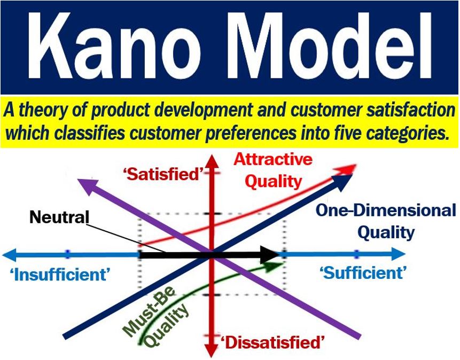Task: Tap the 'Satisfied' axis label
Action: click(x=163, y=174)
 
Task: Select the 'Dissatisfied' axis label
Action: click(x=273, y=342)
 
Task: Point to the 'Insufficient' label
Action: click(x=60, y=275)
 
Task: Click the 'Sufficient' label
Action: click(x=363, y=273)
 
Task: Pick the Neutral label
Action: click(x=59, y=217)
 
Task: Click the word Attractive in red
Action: click(x=273, y=160)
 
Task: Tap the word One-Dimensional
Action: click(x=386, y=210)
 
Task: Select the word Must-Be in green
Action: click(x=149, y=311)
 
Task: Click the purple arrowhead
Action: click(x=88, y=186)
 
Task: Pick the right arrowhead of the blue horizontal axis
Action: click(x=398, y=254)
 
